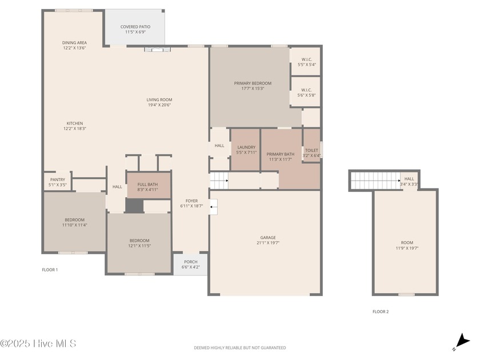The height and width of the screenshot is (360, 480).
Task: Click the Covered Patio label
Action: (x=135, y=27)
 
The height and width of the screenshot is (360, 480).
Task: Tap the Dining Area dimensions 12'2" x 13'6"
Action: (x=74, y=48)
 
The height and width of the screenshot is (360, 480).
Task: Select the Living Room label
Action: (x=159, y=99)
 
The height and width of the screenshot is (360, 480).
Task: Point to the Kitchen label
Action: (x=75, y=123)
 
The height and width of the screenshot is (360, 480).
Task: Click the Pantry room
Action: (x=58, y=182)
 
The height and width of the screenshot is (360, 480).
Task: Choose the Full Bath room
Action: (x=149, y=186)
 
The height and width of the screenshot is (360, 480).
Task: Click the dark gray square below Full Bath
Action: (x=134, y=205)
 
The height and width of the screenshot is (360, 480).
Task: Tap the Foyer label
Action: (x=191, y=201)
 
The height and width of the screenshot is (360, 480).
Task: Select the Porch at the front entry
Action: (x=191, y=264)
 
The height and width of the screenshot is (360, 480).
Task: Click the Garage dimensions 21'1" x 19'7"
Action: (x=268, y=243)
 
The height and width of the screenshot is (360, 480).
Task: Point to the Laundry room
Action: (x=246, y=150)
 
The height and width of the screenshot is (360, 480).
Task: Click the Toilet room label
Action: (x=311, y=150)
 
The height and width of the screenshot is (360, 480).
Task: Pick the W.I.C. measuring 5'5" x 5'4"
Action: (x=306, y=61)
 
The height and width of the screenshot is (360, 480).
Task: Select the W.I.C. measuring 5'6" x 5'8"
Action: (x=306, y=92)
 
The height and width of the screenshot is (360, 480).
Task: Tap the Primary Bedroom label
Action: (x=253, y=83)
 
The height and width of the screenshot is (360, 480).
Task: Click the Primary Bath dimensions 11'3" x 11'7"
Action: (x=281, y=159)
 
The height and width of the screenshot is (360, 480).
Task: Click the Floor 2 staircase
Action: (x=375, y=181)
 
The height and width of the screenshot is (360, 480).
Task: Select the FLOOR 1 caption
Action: (x=50, y=270)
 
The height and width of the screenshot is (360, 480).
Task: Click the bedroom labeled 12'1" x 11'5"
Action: (x=139, y=243)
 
